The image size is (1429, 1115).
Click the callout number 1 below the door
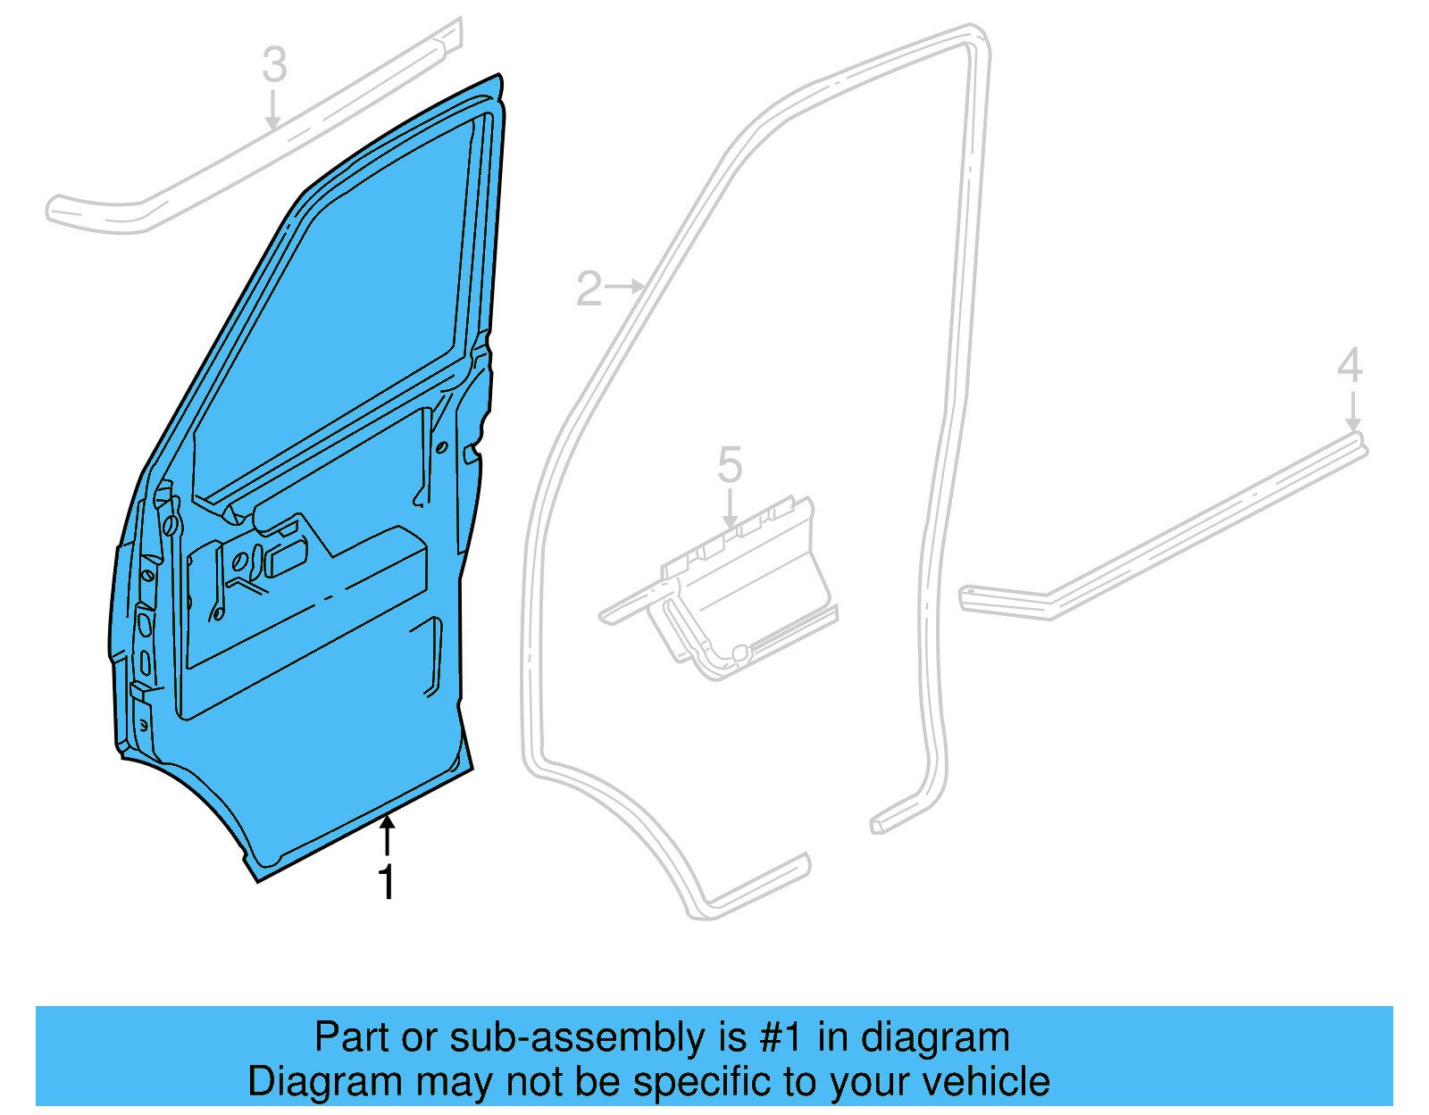coord(386,882)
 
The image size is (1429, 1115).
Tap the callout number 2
coord(589,289)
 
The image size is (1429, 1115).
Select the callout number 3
coord(274,65)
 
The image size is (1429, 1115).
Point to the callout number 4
coord(1350,366)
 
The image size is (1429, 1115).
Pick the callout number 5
coord(730,465)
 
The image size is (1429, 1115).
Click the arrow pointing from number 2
coord(626,287)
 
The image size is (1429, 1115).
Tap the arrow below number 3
coord(273,111)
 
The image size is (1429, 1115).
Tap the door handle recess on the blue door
coord(288,559)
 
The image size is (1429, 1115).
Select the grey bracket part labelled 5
coord(741,589)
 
